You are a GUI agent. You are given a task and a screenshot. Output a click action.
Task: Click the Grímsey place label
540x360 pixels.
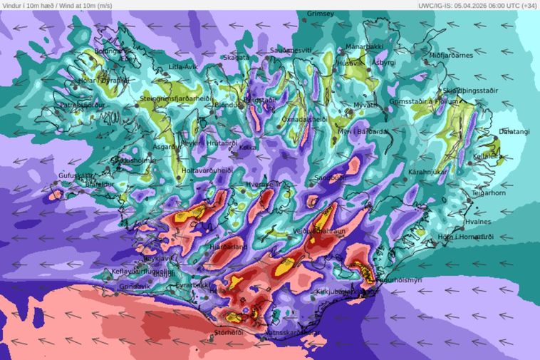(x=320, y=14)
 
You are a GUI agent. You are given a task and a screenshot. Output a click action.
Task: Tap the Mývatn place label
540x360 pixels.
(x=366, y=106)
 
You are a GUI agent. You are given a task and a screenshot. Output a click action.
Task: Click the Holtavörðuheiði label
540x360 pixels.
(x=207, y=171)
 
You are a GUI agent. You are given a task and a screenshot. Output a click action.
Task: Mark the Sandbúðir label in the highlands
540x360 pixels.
(x=331, y=177)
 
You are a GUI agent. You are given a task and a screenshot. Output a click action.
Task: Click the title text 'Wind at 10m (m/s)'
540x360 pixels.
(x=83, y=5)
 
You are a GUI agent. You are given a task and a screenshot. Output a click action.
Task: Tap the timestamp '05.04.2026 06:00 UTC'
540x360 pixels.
(x=477, y=5)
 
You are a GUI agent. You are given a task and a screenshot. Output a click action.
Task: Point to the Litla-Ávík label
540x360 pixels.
(x=184, y=67)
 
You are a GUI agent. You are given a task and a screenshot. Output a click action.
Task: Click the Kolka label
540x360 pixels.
(x=248, y=148)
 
